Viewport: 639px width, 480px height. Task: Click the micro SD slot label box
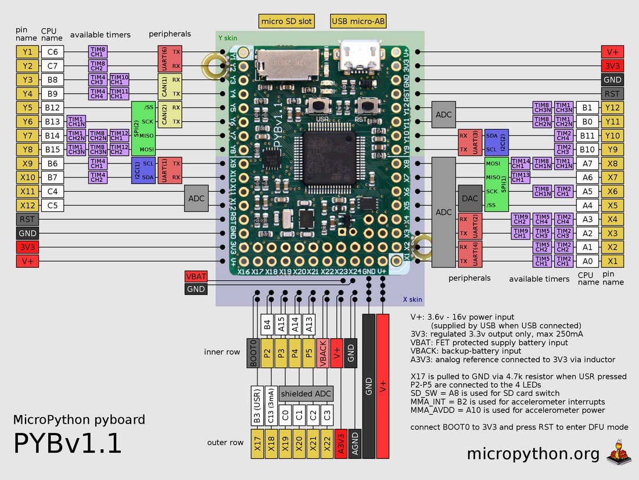[286, 22]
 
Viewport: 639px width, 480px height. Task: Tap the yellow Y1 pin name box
[27, 51]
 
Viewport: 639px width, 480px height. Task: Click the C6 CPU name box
[52, 51]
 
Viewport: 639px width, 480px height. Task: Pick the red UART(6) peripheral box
[163, 58]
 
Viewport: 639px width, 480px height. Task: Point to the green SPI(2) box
[137, 129]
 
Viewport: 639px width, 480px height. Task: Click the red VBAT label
[195, 276]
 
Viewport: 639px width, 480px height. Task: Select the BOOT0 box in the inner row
[253, 352]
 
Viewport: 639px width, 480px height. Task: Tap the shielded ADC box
[306, 393]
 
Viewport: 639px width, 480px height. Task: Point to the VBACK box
[323, 352]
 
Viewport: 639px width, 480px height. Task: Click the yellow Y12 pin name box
[612, 108]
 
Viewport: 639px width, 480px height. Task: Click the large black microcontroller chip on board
[328, 154]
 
